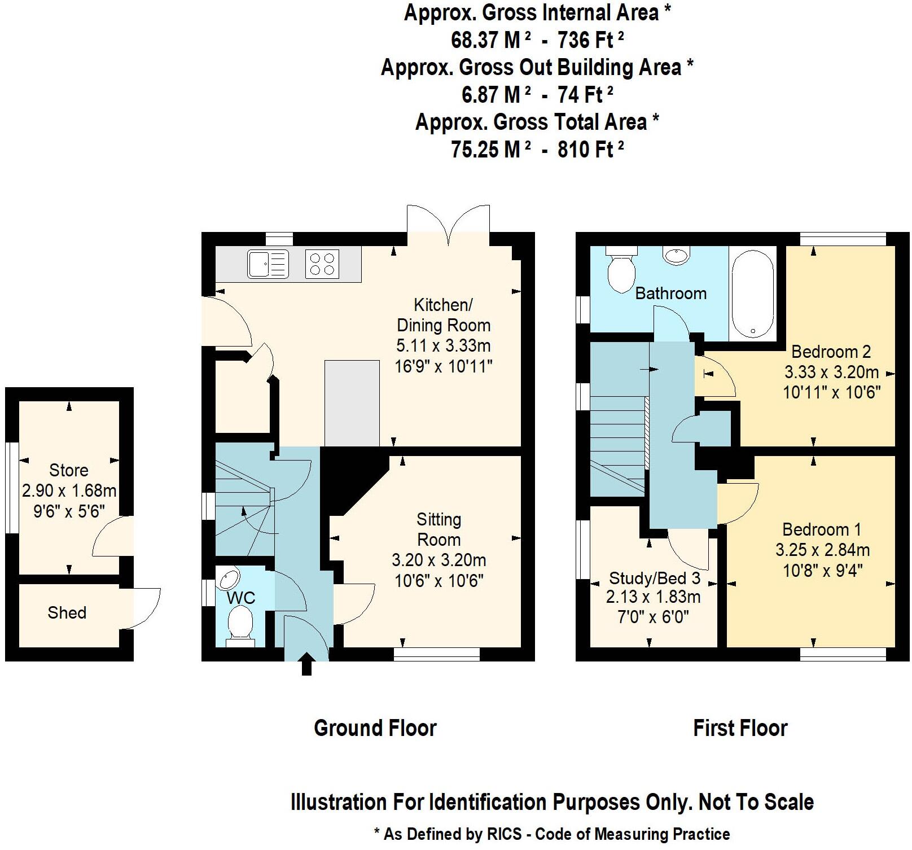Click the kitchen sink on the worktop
[x=268, y=264]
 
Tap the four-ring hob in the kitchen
[x=322, y=264]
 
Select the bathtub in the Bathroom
[x=752, y=294]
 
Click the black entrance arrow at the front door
[x=306, y=665]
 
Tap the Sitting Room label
[x=439, y=529]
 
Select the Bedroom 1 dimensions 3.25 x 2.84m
[x=822, y=550]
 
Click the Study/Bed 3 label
[x=654, y=578]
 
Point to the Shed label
[x=67, y=613]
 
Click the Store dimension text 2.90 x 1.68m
[x=69, y=490]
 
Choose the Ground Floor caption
[x=375, y=728]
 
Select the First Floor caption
[x=740, y=728]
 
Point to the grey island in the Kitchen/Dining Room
[x=352, y=402]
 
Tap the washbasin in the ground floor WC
[x=230, y=578]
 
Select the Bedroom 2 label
[x=831, y=352]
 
